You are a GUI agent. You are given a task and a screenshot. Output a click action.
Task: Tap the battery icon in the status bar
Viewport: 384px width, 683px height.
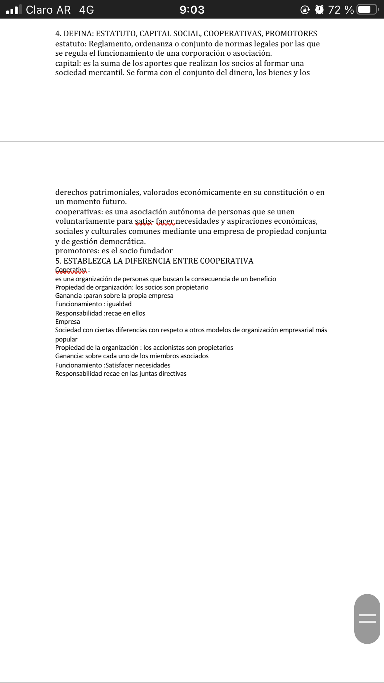click(x=367, y=10)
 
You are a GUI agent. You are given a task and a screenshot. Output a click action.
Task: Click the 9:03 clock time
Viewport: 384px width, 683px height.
click(x=192, y=10)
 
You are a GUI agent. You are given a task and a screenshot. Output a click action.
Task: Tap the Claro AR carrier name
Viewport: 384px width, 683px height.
click(x=48, y=10)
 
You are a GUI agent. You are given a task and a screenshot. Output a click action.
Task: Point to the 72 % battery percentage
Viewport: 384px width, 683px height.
click(x=341, y=10)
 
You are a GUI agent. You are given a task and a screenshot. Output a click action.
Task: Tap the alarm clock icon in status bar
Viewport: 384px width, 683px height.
click(x=319, y=10)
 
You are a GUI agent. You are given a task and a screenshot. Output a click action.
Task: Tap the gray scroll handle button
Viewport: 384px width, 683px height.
click(x=367, y=619)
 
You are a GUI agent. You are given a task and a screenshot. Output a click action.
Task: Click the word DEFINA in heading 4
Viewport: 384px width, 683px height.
click(x=79, y=34)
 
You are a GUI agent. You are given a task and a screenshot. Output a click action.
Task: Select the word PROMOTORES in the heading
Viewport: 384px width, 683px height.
click(x=291, y=34)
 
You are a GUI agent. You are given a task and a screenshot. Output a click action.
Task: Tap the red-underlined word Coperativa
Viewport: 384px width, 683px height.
click(x=71, y=270)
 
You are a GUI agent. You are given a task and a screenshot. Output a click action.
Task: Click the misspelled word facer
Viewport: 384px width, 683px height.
click(x=165, y=221)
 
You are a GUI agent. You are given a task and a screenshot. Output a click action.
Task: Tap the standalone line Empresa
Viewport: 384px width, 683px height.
click(x=67, y=322)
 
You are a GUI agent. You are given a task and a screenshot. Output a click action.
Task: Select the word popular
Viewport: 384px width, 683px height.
click(x=66, y=339)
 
